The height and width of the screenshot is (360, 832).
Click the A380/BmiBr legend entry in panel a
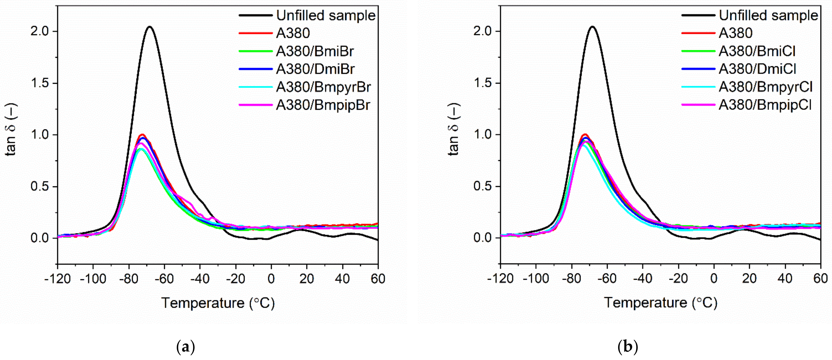tap(315, 51)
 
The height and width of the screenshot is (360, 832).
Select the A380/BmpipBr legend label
tap(323, 105)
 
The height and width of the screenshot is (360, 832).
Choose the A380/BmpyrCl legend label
tap(766, 87)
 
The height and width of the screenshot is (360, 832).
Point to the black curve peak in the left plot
tap(150, 27)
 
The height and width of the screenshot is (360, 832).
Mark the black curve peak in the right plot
tap(592, 27)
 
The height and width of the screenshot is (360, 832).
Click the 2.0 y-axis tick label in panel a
tap(39, 32)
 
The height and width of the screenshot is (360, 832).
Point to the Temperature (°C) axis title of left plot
tap(218, 303)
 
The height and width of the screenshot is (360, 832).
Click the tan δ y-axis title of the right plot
tap(454, 129)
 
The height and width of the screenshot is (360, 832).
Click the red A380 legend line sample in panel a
tap(255, 33)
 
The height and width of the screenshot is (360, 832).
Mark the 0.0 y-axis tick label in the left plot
tap(39, 238)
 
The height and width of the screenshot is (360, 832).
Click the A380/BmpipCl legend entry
tap(765, 105)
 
